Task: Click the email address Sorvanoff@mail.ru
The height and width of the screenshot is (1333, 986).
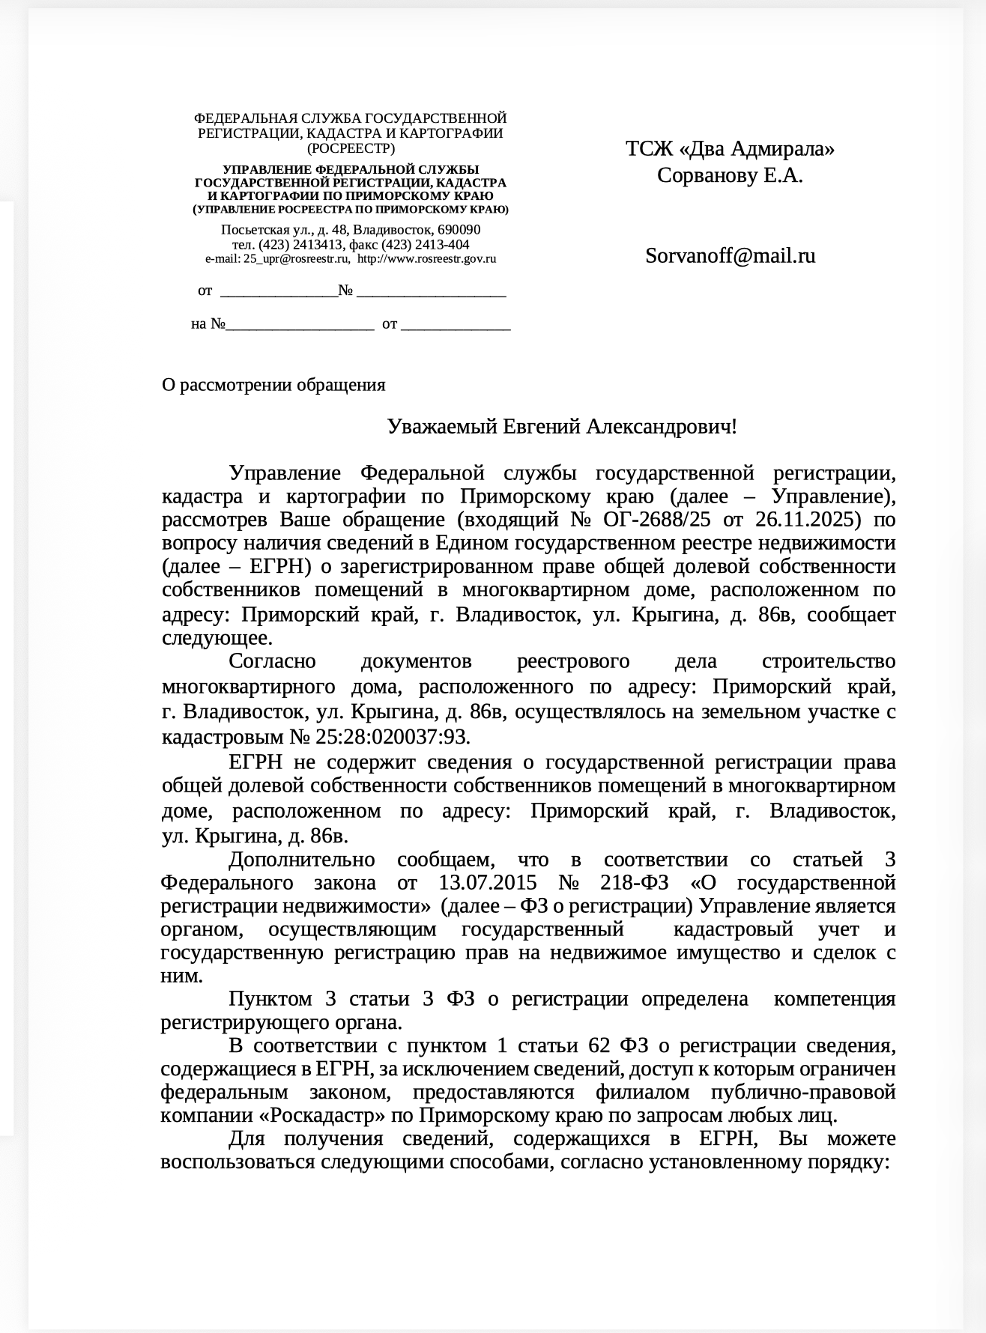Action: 730,256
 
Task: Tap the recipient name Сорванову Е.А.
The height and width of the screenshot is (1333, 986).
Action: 730,176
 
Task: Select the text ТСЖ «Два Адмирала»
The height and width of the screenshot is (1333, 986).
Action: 730,149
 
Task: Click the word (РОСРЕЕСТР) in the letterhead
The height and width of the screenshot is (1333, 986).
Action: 351,148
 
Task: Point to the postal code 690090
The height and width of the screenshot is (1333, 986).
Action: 459,230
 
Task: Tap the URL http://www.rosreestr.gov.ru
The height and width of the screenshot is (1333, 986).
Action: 426,259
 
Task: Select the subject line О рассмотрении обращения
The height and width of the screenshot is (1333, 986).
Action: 273,385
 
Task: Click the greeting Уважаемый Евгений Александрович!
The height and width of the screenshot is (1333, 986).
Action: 562,427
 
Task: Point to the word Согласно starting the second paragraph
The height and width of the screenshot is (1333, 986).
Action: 273,662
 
